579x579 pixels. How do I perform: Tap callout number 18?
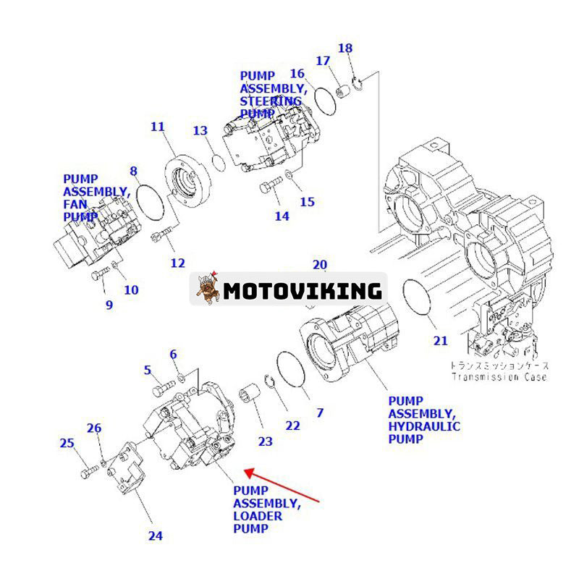(346, 48)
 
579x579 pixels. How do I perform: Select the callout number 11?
(158, 127)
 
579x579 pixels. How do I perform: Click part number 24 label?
(155, 536)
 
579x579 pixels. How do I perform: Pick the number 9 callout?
(109, 305)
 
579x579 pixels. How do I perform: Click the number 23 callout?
(266, 441)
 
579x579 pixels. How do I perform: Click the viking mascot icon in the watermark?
(208, 290)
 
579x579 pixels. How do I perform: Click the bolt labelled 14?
(269, 189)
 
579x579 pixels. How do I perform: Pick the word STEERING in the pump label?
(271, 101)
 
